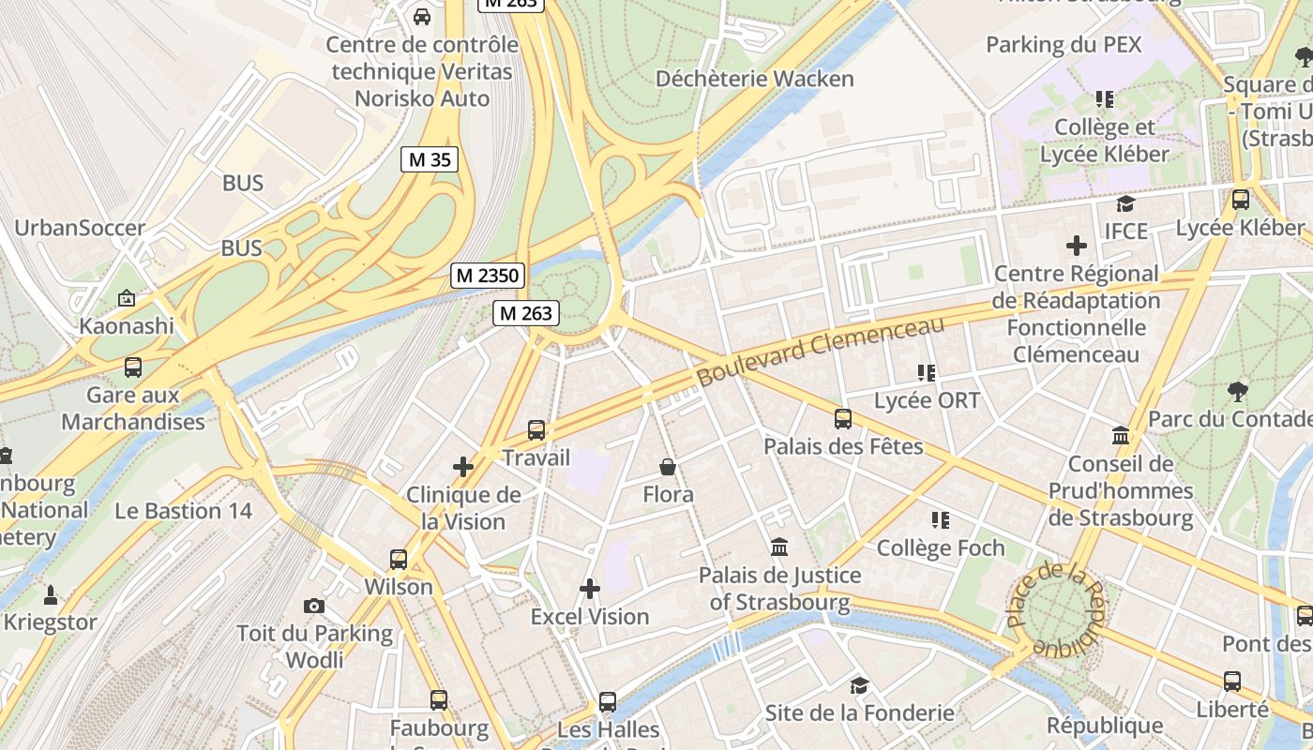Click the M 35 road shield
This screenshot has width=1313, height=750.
point(430,159)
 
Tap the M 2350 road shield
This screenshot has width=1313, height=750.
point(488,276)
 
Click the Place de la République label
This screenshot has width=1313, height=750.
point(1056,607)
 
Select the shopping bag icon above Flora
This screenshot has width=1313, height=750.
point(668,467)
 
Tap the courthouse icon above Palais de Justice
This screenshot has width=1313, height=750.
point(778,547)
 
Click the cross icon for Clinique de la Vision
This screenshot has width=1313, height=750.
point(463,467)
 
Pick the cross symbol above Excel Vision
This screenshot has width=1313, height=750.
point(590,589)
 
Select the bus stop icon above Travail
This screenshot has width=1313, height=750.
point(536,430)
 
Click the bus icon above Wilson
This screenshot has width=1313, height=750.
point(399,560)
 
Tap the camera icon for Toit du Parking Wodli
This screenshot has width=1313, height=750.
point(314,607)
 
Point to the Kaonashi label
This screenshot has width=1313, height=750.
point(127,325)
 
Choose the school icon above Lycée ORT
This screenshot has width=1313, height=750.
point(927,373)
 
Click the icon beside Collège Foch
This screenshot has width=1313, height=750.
point(941,519)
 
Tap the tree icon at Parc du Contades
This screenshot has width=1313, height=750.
point(1238,391)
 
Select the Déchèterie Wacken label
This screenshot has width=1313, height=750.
point(755,79)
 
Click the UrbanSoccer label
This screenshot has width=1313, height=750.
point(80,228)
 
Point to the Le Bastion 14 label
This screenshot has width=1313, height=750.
point(184,511)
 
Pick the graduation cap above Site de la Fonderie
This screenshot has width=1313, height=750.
point(859,685)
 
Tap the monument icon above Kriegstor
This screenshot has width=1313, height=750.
point(51,594)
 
